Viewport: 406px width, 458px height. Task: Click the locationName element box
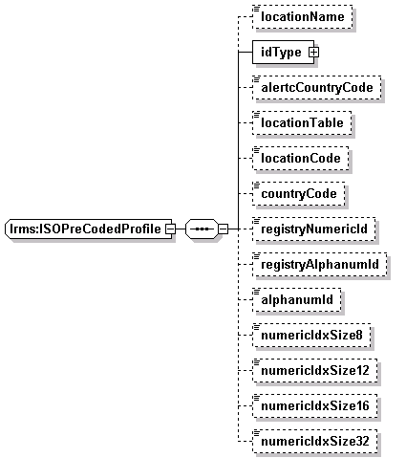(302, 16)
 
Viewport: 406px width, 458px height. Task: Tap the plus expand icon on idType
(313, 53)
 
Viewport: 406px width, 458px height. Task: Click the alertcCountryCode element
(316, 87)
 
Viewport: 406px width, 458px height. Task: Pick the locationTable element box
(302, 122)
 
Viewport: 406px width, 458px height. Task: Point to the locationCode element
(300, 158)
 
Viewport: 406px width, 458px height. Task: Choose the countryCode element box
(298, 193)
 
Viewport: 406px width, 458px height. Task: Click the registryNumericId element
(313, 229)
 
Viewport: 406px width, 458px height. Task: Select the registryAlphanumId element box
(319, 264)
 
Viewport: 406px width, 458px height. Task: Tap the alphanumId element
(296, 299)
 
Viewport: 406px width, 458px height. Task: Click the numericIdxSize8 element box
(311, 335)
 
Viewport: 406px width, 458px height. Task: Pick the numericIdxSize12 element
(314, 370)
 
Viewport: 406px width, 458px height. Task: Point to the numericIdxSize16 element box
(314, 405)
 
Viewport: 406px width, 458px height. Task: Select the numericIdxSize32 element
(314, 441)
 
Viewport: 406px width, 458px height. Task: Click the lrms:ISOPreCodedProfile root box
(88, 229)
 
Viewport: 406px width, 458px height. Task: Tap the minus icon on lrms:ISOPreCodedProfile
(171, 229)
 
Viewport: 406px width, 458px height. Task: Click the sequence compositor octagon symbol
(202, 229)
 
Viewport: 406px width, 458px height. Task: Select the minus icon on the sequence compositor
(224, 229)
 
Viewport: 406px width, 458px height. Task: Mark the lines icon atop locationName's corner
(256, 9)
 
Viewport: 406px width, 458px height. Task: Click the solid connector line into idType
(246, 52)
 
